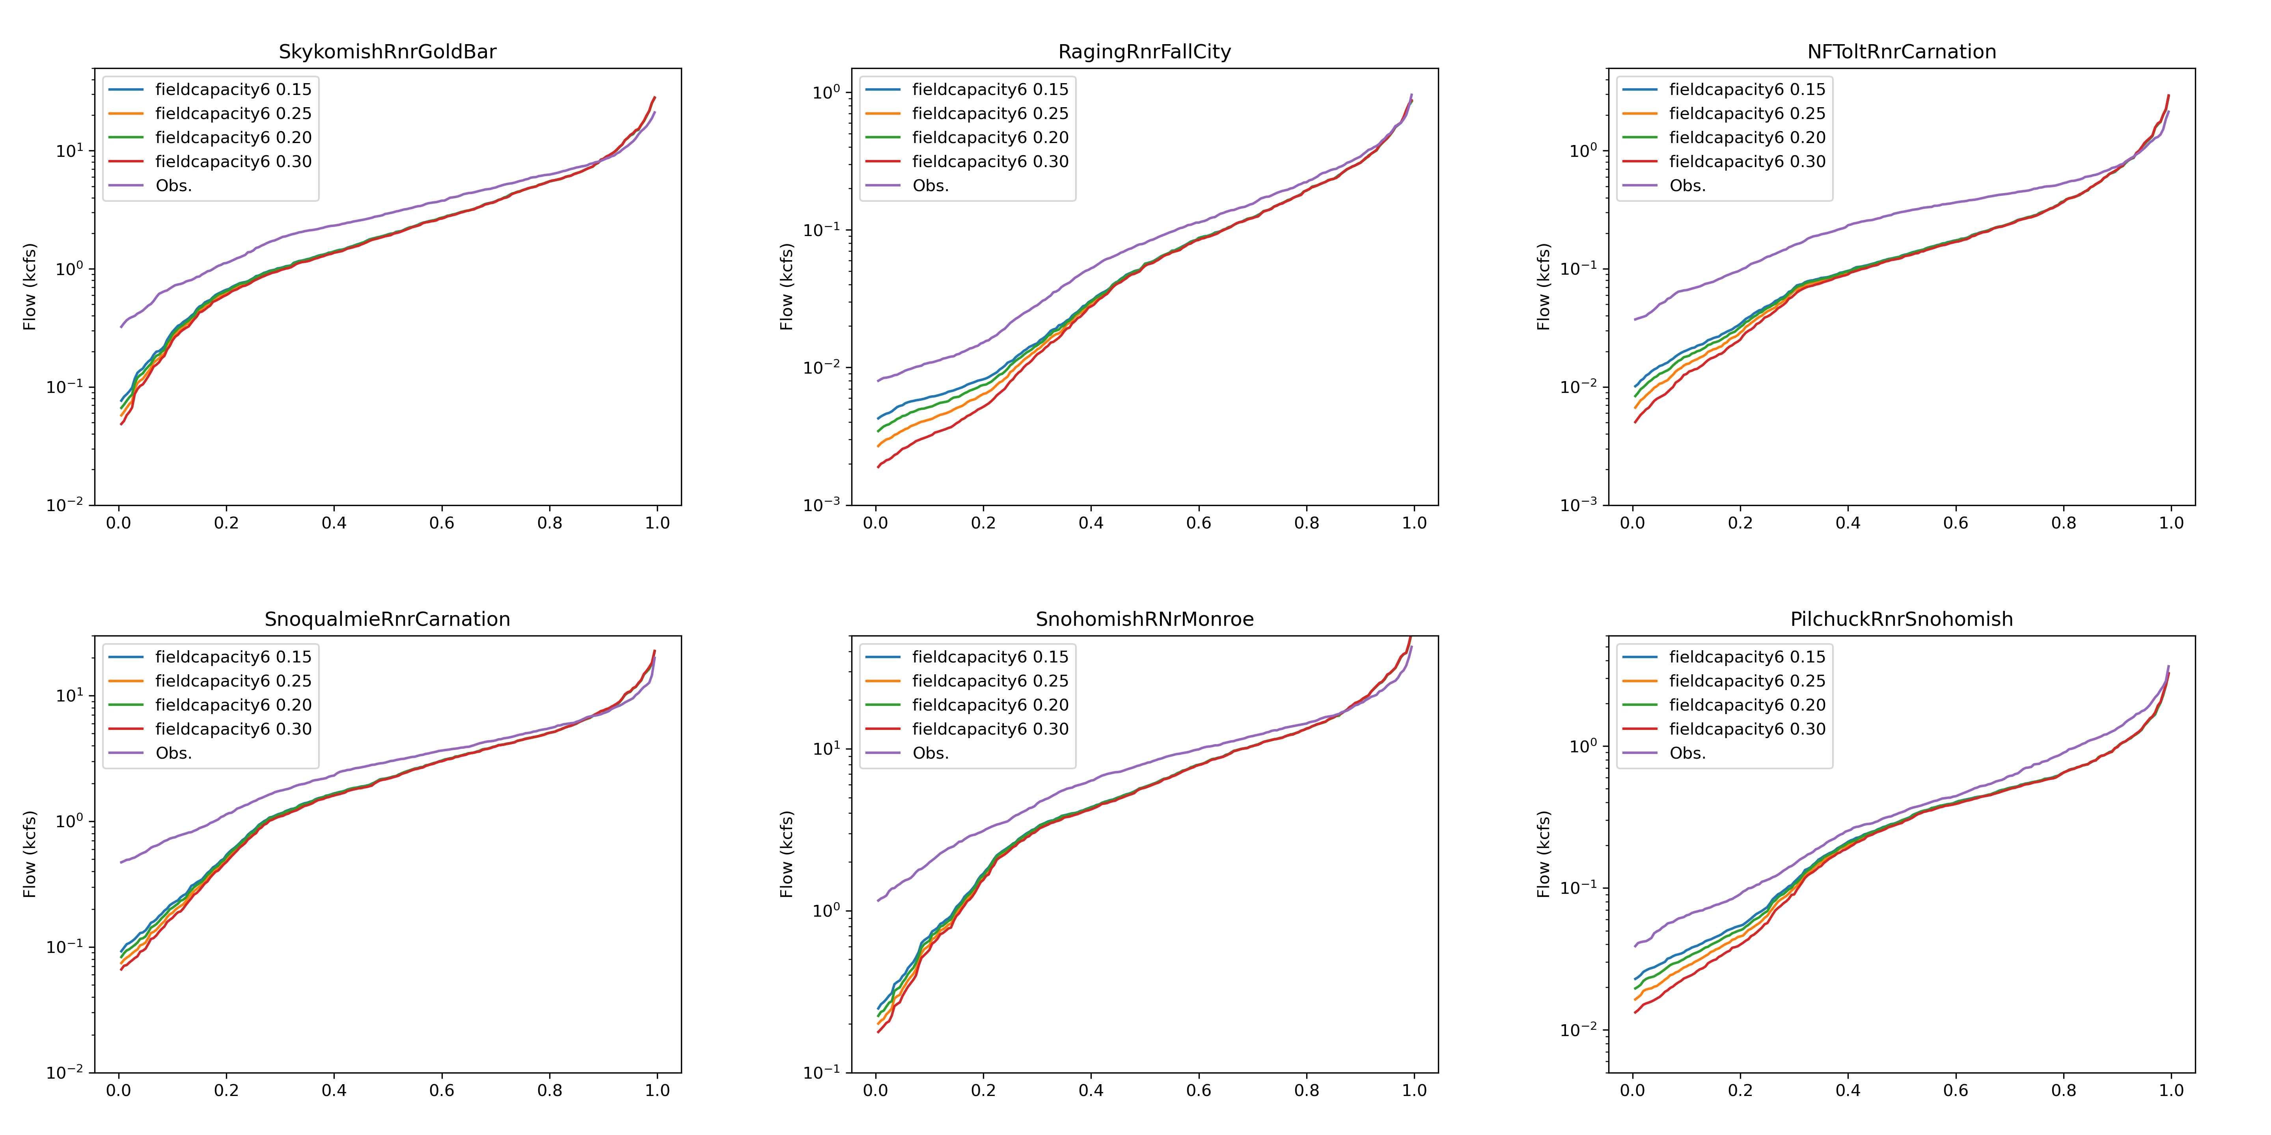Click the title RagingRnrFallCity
coord(1144,52)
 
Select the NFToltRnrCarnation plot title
coord(1902,52)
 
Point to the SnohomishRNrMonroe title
coord(1144,620)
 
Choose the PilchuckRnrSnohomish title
coord(1902,620)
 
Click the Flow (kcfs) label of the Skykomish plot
coord(30,287)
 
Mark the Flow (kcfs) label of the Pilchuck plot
coord(1544,854)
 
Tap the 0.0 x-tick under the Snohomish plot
coord(875,1090)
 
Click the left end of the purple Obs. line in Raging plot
coord(878,381)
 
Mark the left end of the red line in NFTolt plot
coord(1635,422)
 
